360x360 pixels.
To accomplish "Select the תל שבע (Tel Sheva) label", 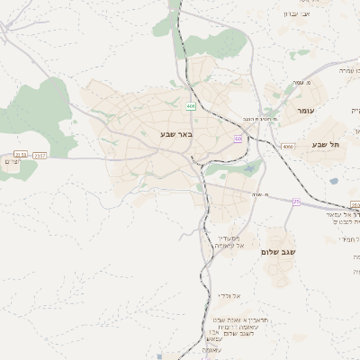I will tap(326, 145).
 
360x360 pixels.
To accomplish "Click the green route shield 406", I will tap(191, 106).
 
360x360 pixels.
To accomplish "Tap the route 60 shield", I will tap(238, 139).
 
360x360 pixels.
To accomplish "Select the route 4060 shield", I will tap(287, 146).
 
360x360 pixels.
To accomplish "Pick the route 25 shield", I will tap(296, 202).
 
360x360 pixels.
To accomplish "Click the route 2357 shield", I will tap(40, 156).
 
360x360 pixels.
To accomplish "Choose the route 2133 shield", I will tap(21, 155).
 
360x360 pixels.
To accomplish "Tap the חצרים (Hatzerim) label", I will tap(12, 162).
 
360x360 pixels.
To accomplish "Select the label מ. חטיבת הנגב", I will tap(257, 119).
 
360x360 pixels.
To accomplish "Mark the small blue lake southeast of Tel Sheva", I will tap(334, 182).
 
